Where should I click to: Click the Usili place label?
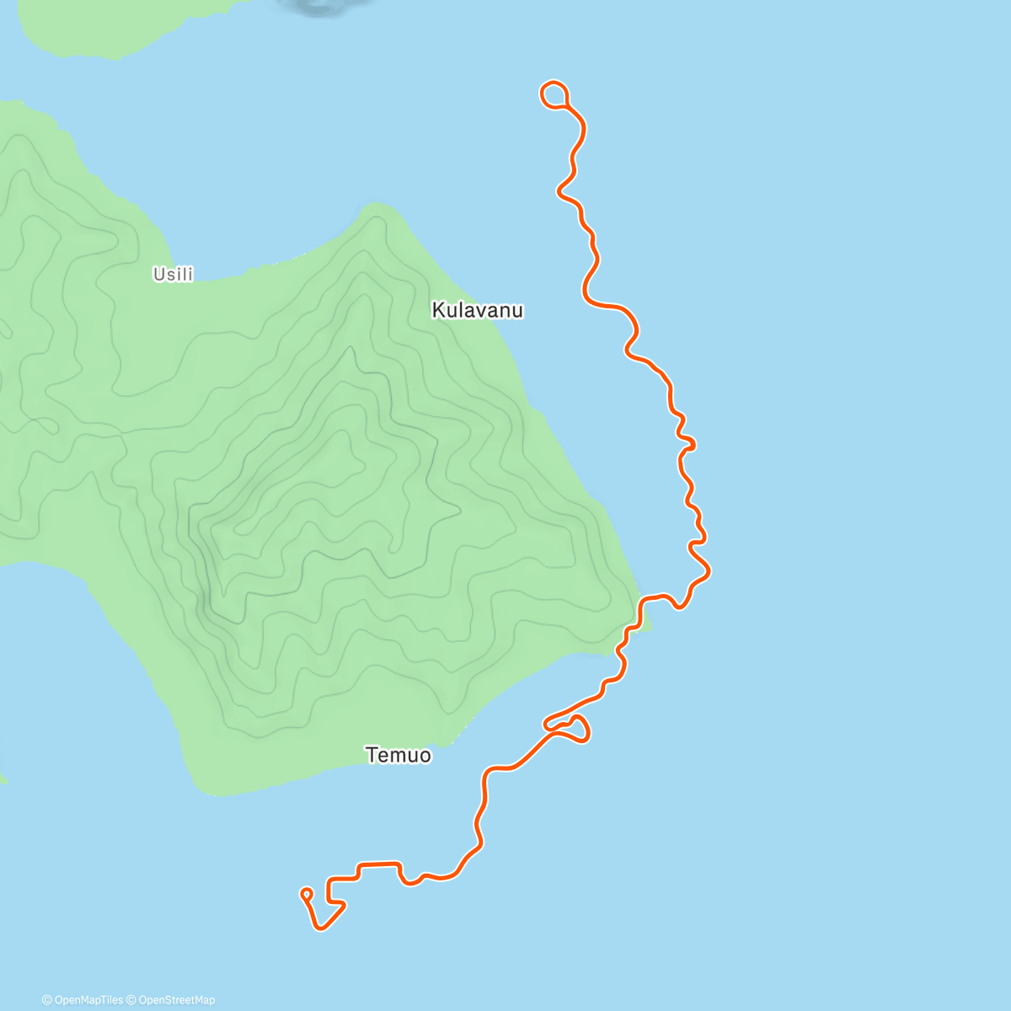[x=173, y=274]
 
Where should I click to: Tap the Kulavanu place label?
[x=477, y=310]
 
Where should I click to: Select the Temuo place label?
[x=399, y=755]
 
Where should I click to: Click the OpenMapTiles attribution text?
[x=88, y=1000]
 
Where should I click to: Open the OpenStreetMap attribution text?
[x=175, y=1000]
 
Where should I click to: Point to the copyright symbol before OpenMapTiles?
[x=47, y=1000]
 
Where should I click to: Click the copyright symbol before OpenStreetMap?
[x=131, y=1000]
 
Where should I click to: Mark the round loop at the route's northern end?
[x=553, y=94]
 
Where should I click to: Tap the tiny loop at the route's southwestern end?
[x=306, y=893]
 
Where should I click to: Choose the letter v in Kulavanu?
[x=479, y=311]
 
